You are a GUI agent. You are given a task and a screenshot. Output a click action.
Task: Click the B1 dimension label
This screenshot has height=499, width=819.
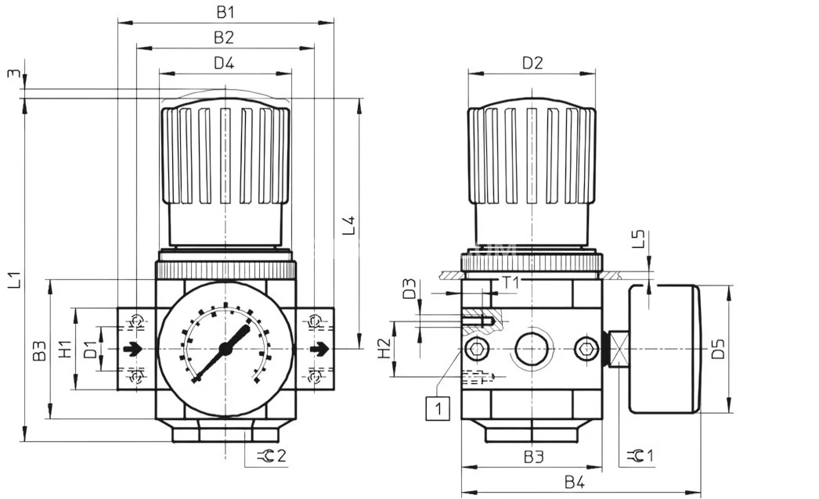[x=225, y=12]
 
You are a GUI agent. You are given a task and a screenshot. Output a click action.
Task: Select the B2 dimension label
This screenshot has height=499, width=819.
[x=224, y=37]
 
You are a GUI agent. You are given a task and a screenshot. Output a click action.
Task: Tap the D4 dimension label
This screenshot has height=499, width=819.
[x=224, y=63]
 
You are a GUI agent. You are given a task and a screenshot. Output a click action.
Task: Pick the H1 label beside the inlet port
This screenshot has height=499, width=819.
[x=66, y=349]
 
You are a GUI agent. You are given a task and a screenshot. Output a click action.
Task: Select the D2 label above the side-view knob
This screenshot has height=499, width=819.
[x=532, y=63]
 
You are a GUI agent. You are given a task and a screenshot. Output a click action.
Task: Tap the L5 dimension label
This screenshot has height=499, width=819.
[x=638, y=239]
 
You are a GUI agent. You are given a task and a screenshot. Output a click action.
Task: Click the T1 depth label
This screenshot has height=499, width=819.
[x=511, y=282]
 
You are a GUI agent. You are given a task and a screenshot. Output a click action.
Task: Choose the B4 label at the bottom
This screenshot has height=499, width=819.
[x=575, y=483]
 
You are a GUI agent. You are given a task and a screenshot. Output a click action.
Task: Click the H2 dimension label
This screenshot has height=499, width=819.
[x=384, y=349]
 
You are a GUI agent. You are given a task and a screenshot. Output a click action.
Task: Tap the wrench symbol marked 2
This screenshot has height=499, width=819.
[x=271, y=455]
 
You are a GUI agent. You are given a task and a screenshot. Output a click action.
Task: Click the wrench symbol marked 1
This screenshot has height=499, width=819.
[x=641, y=455]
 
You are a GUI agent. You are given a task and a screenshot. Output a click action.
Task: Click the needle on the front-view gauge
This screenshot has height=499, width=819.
[x=227, y=349]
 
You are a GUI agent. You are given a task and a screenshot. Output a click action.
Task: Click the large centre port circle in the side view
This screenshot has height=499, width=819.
[x=532, y=349]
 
